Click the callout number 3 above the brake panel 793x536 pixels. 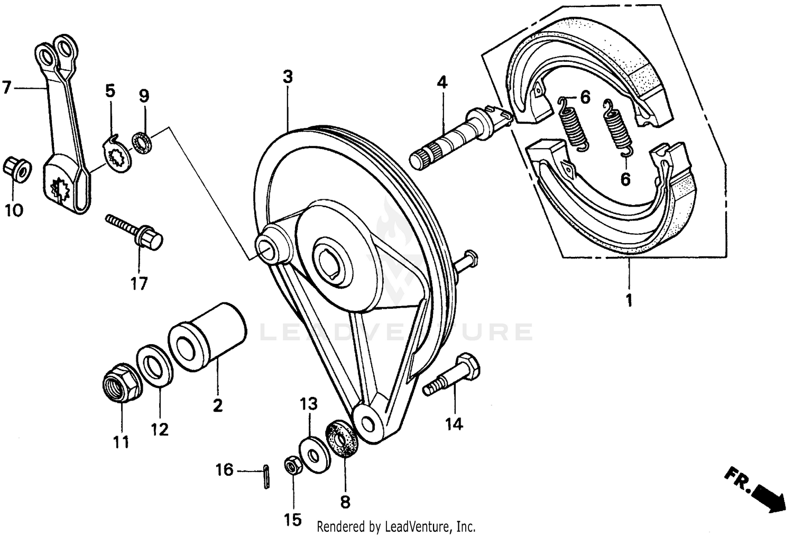[287, 77]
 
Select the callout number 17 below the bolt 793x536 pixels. [139, 283]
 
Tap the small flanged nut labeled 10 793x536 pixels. [17, 169]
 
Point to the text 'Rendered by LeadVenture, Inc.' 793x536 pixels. [396, 526]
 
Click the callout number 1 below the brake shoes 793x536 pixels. [629, 301]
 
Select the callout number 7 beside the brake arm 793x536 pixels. [6, 88]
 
